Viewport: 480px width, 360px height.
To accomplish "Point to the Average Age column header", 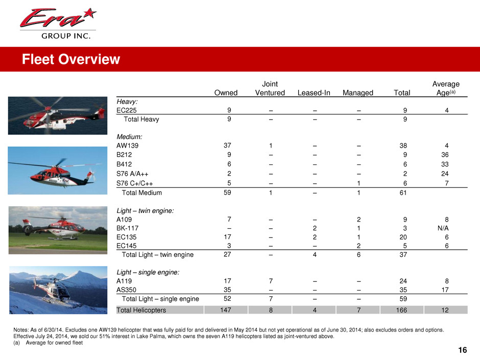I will (x=446, y=88).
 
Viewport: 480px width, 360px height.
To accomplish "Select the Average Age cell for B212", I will (x=446, y=156).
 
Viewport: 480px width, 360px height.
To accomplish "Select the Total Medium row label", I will (x=141, y=193).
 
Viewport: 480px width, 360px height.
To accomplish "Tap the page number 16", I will (x=463, y=350).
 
